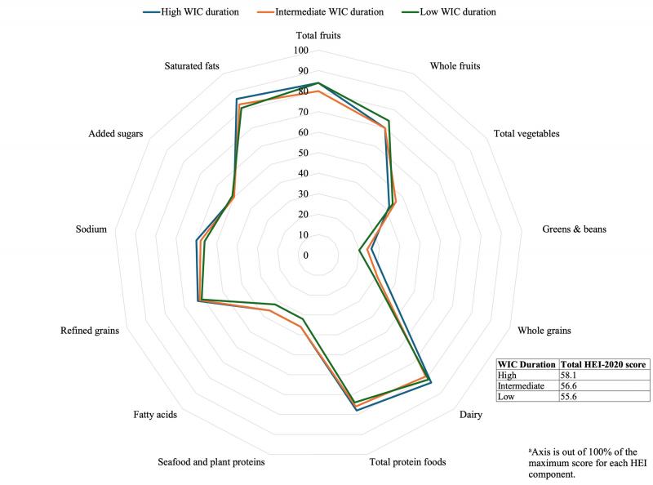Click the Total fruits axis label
[x=318, y=36]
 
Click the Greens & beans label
[x=574, y=229]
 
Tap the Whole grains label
[x=544, y=331]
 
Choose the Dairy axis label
[x=470, y=415]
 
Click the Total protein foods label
[x=407, y=462]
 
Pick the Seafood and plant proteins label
[x=211, y=462]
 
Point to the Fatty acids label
[x=155, y=415]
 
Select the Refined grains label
[x=90, y=331]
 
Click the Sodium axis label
[x=91, y=229]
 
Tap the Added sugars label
[x=116, y=133]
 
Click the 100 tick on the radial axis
[x=301, y=51]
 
